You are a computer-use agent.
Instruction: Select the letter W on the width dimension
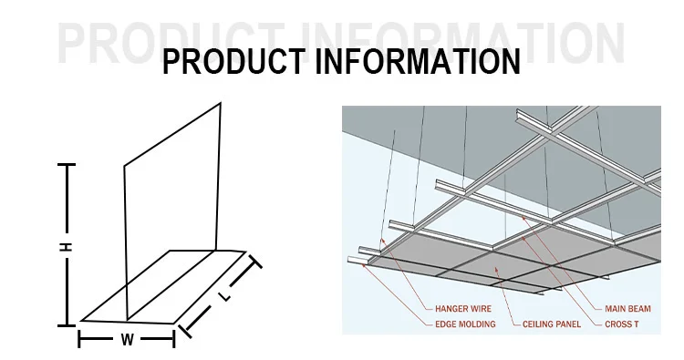tap(128, 341)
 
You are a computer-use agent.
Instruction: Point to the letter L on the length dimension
tap(223, 295)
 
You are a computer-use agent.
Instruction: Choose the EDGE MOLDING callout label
tap(465, 324)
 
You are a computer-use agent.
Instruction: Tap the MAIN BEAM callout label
tap(627, 310)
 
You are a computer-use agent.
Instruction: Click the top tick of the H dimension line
tap(66, 164)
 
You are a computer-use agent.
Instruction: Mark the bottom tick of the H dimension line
tap(66, 324)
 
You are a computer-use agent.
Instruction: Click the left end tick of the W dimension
tap(80, 340)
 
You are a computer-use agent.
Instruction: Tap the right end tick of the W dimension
tap(174, 340)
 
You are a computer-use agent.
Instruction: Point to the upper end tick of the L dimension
tap(254, 262)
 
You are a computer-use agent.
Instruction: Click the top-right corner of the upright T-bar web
tap(220, 103)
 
